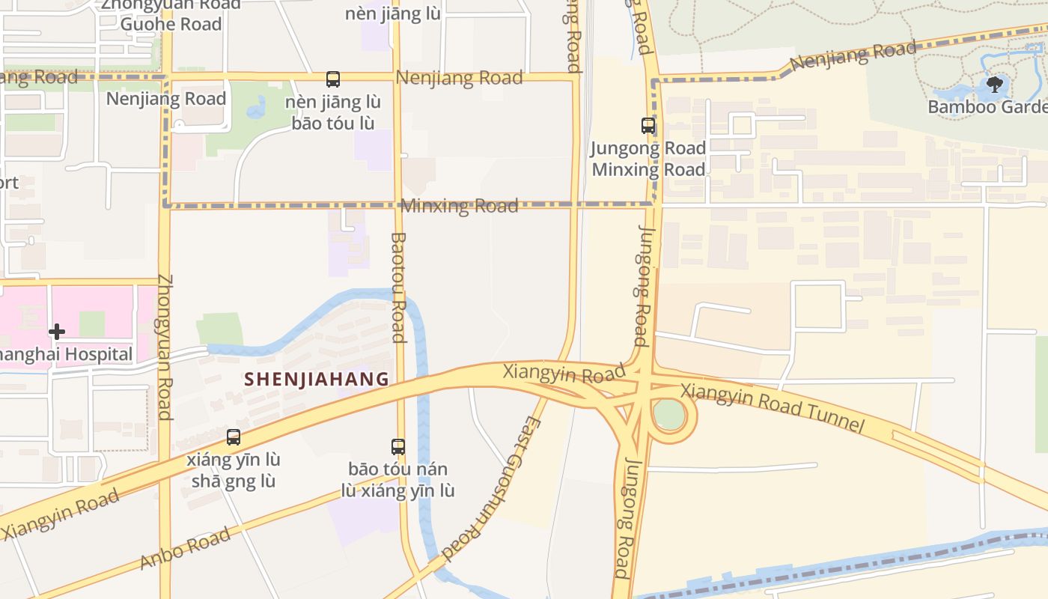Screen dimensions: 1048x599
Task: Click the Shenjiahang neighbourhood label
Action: pos(317,379)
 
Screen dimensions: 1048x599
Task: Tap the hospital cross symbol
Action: pos(57,331)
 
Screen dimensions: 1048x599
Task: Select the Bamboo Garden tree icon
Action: pos(994,84)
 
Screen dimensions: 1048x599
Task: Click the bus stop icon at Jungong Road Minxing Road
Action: pos(648,126)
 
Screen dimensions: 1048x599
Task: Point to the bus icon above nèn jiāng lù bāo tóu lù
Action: pos(333,79)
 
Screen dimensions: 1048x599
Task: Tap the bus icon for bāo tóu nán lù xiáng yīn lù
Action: pos(398,447)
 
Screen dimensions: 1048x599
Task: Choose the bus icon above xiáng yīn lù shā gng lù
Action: pos(234,437)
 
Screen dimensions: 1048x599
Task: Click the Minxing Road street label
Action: pos(460,206)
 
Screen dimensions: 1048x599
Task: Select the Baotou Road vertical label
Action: pos(399,288)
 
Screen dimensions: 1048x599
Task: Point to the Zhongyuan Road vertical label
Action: pos(165,347)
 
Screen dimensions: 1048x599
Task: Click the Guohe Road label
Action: pos(171,24)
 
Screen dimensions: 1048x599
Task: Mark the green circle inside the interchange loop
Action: pos(668,414)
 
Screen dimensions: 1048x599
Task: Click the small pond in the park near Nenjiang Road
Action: pos(257,109)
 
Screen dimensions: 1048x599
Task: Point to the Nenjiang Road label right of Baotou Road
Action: pos(459,78)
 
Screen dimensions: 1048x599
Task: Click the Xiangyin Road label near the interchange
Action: pos(563,372)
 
